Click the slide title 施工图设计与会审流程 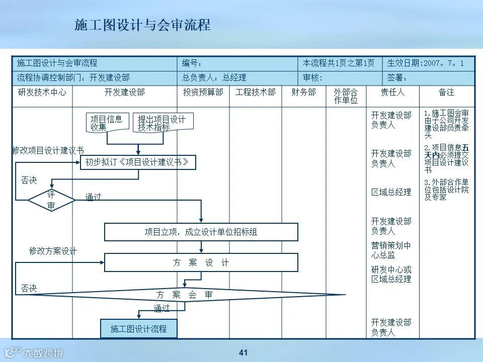click(x=142, y=25)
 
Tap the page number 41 click(x=244, y=352)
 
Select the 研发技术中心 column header click(x=42, y=93)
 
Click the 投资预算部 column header click(x=203, y=93)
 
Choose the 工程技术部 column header click(x=255, y=93)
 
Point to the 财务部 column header click(x=303, y=93)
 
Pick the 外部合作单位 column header click(x=346, y=96)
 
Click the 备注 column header click(x=446, y=93)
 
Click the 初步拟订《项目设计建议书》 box click(x=137, y=162)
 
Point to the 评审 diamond click(x=51, y=200)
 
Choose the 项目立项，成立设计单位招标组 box click(x=201, y=232)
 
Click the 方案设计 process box click(x=201, y=262)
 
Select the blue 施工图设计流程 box click(x=138, y=329)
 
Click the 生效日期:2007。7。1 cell click(x=429, y=64)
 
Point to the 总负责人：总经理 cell click(x=214, y=78)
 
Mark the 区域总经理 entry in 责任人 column click(x=391, y=192)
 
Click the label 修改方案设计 click(x=53, y=251)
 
